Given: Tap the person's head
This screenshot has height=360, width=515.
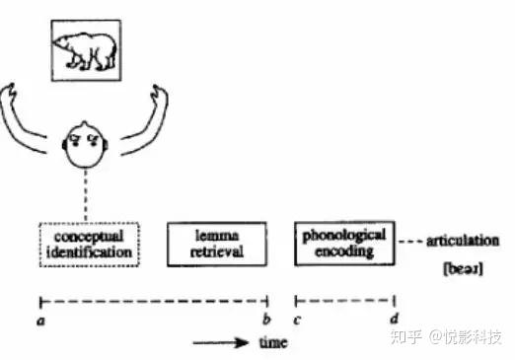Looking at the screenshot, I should pos(87,146).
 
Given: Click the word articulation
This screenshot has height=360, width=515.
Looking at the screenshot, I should pos(465,240).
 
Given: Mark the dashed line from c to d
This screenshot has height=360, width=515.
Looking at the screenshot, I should pos(345,300).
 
